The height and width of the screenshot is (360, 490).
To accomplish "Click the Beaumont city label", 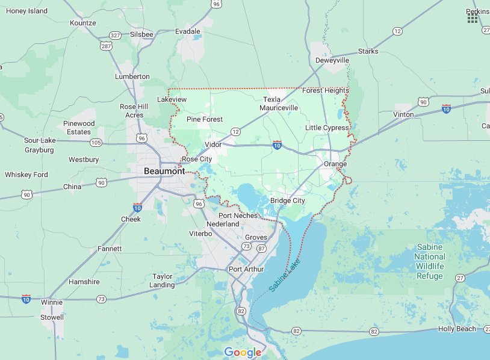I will [x=164, y=172].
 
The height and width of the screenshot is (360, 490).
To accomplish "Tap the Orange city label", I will [x=335, y=164].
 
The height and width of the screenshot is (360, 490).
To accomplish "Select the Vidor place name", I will [x=213, y=144].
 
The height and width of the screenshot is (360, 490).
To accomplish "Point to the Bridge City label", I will [x=287, y=200].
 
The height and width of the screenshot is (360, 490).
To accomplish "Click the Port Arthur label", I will [x=246, y=269].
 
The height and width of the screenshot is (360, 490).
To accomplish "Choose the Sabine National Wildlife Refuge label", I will [x=429, y=262].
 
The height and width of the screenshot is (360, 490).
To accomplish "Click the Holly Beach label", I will [x=456, y=329].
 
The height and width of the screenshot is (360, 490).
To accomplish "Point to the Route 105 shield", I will [x=96, y=143].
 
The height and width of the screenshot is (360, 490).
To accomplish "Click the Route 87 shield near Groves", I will [x=261, y=248].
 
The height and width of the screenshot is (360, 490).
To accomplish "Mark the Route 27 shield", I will [x=461, y=278].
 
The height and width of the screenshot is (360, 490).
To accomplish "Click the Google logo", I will [x=243, y=352].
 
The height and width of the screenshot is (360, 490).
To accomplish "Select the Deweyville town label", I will [x=332, y=61].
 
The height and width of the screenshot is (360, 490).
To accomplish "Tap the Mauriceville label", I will [x=279, y=108].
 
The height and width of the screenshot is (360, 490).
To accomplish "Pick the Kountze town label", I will [x=83, y=23].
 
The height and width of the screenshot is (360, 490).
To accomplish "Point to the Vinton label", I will [x=403, y=114].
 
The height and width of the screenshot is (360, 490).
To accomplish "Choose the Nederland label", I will [x=223, y=224].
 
